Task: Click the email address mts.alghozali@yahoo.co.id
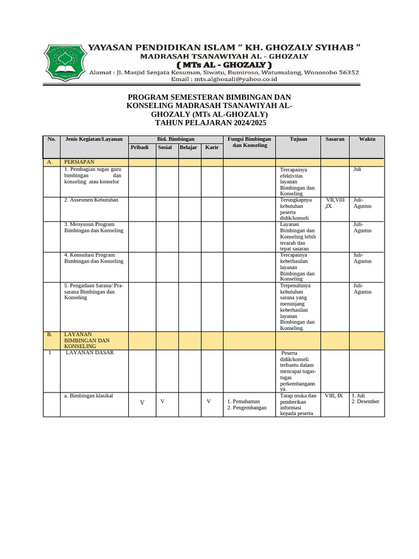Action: [224, 79]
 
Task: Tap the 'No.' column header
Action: [52, 139]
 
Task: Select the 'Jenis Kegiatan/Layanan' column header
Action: [94, 139]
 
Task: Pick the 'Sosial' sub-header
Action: [165, 148]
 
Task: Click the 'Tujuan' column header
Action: [298, 139]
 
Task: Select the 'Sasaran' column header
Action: [334, 139]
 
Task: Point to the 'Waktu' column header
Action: [367, 139]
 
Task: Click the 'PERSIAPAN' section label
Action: [80, 162]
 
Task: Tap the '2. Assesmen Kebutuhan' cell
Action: [91, 200]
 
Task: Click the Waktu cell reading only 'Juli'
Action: [357, 170]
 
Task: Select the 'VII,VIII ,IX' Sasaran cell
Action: [334, 203]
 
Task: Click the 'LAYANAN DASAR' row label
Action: [90, 353]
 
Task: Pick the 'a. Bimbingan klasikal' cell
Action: [88, 395]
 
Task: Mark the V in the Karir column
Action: [208, 401]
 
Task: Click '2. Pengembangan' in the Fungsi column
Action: [247, 408]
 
